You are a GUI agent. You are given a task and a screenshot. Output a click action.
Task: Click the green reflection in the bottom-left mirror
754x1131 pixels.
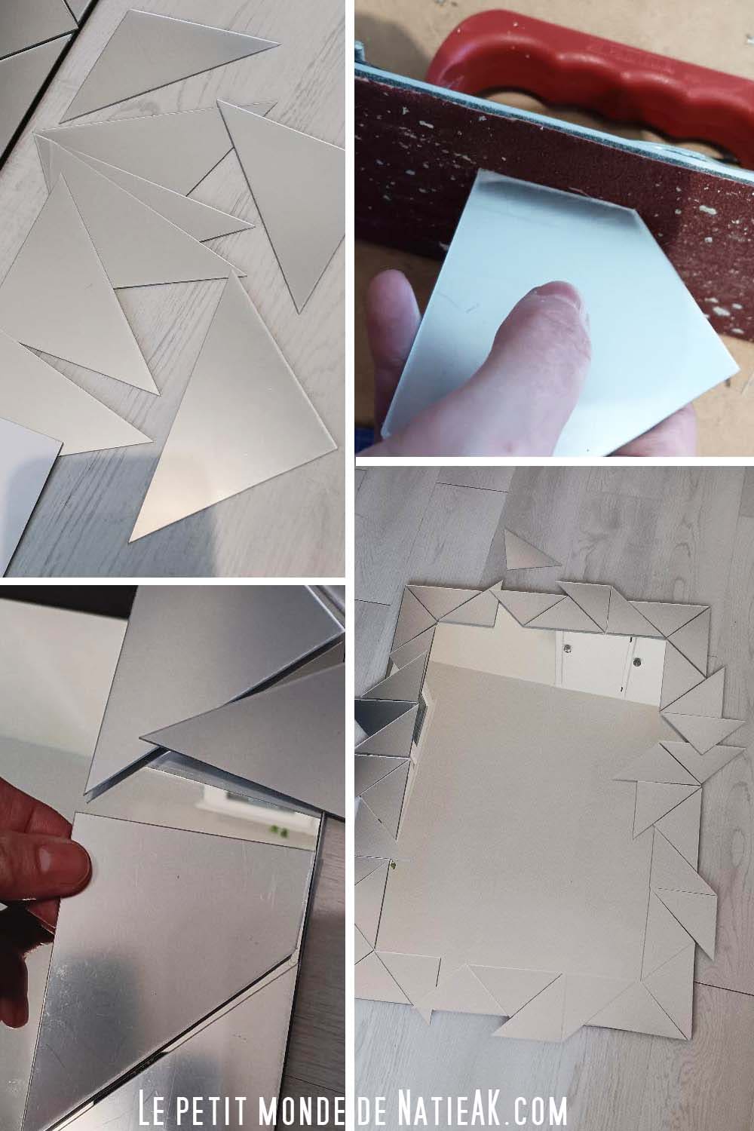(x=281, y=831)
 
